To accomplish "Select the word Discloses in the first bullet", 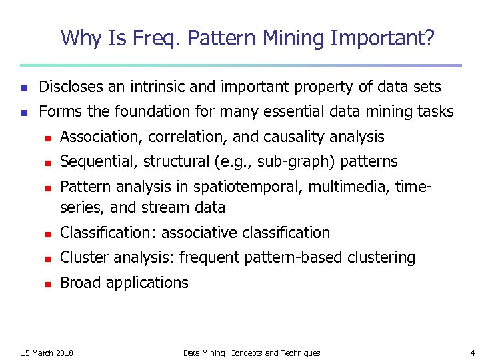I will [x=70, y=87].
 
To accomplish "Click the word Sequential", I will [x=95, y=161].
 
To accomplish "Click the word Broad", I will [x=78, y=283].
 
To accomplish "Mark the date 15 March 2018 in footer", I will [x=47, y=353].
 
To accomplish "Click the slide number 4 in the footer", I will [x=471, y=353].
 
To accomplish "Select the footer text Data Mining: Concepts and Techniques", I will [x=251, y=353].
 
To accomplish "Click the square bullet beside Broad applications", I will [x=47, y=283].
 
